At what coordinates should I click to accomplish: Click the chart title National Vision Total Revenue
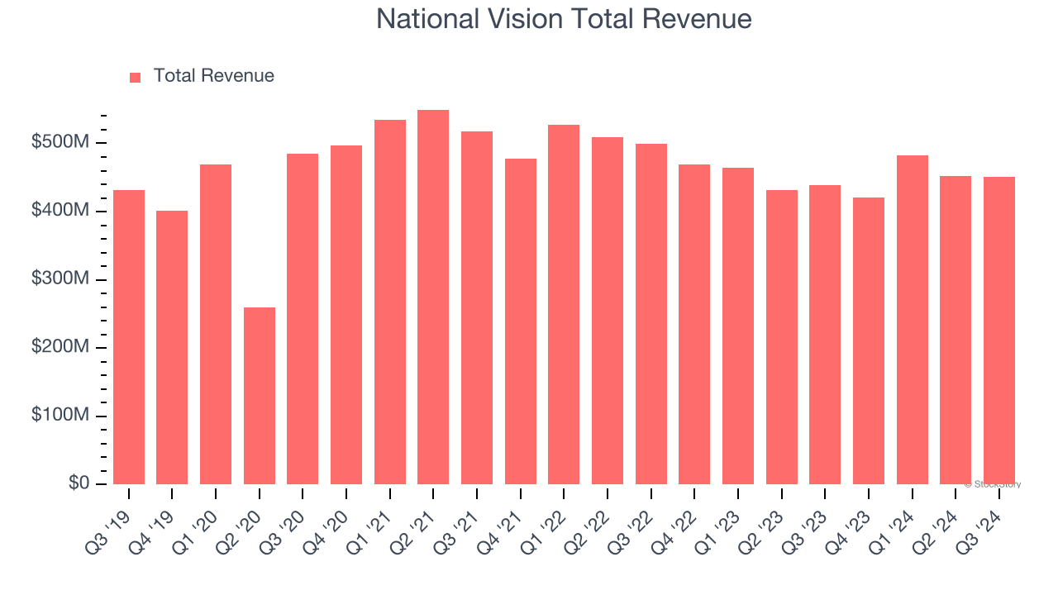tap(564, 19)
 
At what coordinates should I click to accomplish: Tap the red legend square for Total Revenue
tap(136, 77)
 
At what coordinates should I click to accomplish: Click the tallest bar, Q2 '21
tap(433, 297)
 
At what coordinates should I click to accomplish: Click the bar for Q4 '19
tap(172, 347)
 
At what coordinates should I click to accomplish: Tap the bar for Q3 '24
tap(999, 331)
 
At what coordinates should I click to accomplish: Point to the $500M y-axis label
tap(60, 143)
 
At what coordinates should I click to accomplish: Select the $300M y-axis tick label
tap(60, 279)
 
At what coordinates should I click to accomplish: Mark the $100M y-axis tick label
tap(60, 416)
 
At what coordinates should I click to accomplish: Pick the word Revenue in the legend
tap(239, 76)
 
